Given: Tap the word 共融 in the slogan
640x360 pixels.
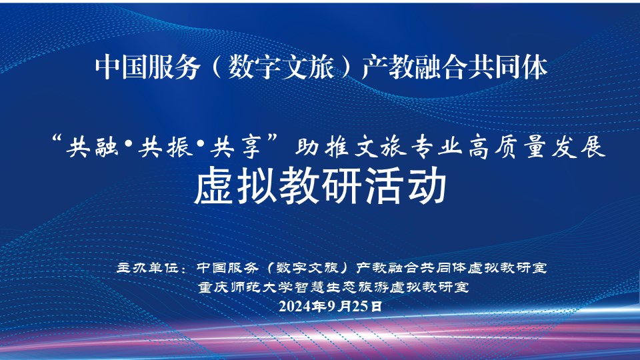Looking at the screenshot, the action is click(93, 147).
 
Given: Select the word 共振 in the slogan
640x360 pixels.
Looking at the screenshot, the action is click(165, 147).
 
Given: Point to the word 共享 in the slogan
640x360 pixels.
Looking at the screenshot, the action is click(236, 147).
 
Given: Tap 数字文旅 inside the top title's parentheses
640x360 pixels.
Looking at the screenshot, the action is click(281, 67).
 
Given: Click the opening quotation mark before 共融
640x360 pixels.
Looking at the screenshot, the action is click(57, 140).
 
